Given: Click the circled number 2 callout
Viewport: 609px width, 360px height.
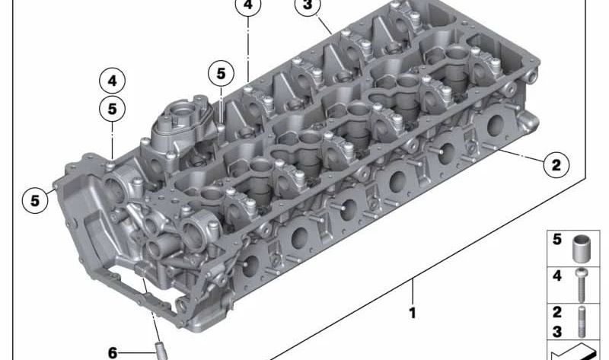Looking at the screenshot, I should (x=555, y=164).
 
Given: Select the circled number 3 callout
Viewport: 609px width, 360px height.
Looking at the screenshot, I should (x=307, y=6).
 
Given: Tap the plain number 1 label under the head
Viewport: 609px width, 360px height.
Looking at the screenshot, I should (x=413, y=312).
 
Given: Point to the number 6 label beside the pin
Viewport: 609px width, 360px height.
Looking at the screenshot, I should (x=113, y=352).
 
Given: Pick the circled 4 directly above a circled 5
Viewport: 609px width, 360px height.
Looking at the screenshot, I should (x=112, y=80).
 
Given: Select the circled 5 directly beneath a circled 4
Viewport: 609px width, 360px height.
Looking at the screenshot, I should (x=112, y=109).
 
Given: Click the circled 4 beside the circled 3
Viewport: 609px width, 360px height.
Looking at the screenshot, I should (x=247, y=6).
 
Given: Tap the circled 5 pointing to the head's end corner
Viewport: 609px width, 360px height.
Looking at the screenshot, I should (x=34, y=201).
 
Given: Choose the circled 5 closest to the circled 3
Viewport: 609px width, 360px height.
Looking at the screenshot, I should (x=221, y=74).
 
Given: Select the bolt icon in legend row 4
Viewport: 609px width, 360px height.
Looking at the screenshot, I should (x=582, y=283).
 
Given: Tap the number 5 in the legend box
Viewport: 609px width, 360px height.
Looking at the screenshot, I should (x=557, y=240).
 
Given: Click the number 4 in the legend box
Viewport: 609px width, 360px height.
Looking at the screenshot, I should (x=557, y=276).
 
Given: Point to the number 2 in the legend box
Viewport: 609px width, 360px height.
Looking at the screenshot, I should (x=557, y=312).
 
